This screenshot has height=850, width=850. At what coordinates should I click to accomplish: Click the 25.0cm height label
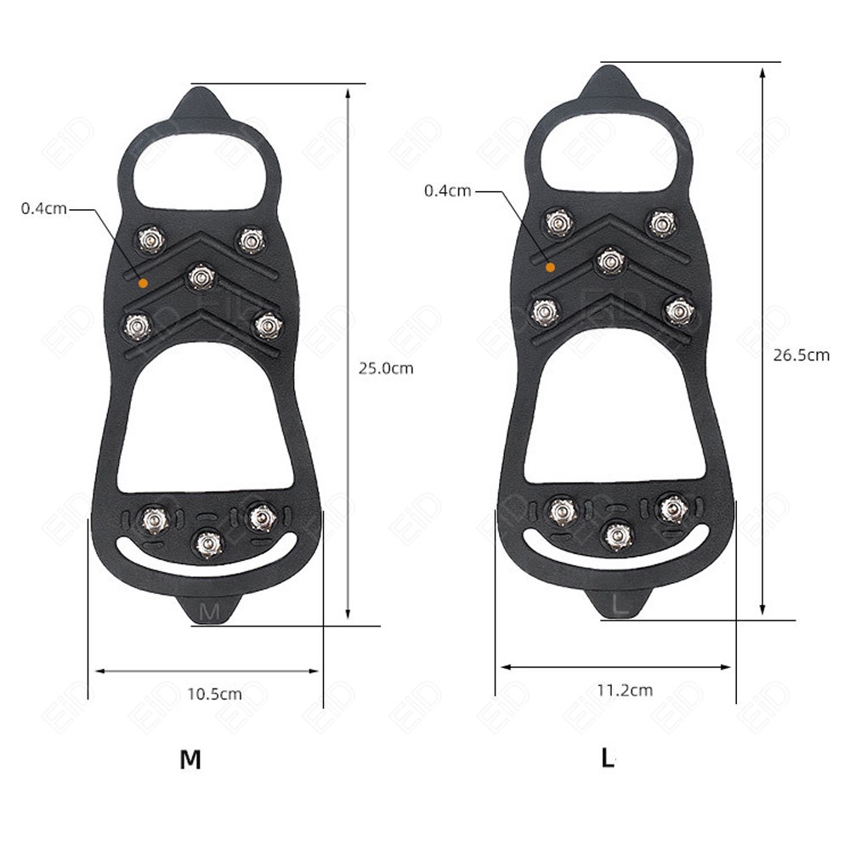386,368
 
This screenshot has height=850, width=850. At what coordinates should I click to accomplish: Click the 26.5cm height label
801,354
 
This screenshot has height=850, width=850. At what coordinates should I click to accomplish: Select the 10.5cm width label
214,694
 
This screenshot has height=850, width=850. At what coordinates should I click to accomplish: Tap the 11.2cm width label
625,689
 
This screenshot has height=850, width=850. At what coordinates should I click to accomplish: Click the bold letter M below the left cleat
190,759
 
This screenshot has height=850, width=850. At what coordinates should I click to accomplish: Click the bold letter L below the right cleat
607,757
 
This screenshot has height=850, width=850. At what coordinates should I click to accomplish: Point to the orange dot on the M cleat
143,282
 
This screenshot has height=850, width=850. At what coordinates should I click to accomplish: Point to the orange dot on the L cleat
551,267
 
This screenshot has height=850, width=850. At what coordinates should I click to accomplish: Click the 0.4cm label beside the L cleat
447,190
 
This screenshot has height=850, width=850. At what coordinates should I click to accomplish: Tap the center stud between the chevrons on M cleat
201,275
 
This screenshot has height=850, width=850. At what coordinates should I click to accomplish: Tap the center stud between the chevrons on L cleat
608,261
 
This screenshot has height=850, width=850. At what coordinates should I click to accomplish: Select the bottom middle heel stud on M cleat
205,541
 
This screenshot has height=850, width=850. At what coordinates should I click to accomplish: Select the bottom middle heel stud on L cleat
616,535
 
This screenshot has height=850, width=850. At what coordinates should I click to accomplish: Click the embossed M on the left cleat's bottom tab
209,610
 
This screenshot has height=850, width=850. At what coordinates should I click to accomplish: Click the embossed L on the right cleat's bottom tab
620,604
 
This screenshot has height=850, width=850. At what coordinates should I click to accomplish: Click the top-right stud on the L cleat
663,224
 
